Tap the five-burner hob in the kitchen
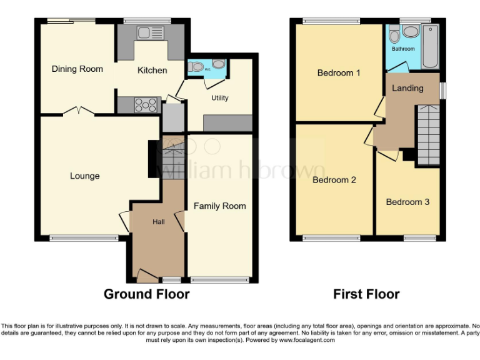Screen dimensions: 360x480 pyautogui.click(x=146, y=105)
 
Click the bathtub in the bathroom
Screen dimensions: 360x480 pyautogui.click(x=431, y=47)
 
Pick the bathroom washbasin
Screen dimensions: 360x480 pyautogui.click(x=411, y=32)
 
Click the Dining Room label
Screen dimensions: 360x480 pyautogui.click(x=77, y=69)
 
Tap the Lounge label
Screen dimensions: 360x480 pyautogui.click(x=84, y=176)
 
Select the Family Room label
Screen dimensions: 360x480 pyautogui.click(x=219, y=206)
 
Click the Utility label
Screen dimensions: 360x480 pyautogui.click(x=219, y=98)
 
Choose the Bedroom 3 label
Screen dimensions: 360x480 pyautogui.click(x=407, y=202)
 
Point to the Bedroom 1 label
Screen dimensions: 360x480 pyautogui.click(x=339, y=73)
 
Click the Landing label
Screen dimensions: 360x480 pyautogui.click(x=407, y=88)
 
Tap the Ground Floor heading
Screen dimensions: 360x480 pyautogui.click(x=146, y=294)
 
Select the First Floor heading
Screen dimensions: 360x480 pyautogui.click(x=366, y=294)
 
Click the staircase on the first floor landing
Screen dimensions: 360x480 pyautogui.click(x=428, y=134)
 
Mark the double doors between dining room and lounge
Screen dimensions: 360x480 pyautogui.click(x=79, y=112)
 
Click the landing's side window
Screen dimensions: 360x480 pyautogui.click(x=443, y=91)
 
